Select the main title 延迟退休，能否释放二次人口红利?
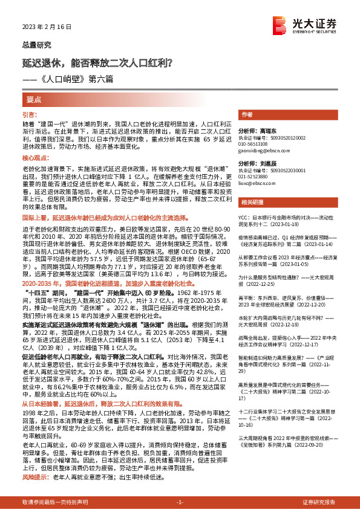point(98,62)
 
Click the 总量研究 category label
point(36,45)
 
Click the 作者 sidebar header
point(246,114)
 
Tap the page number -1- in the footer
point(180,502)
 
